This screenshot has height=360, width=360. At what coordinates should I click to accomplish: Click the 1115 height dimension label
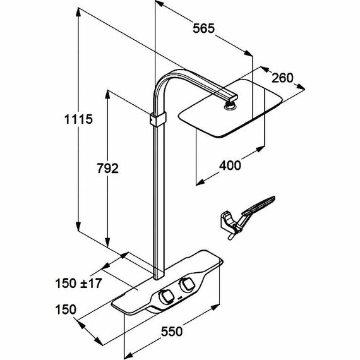click(78, 119)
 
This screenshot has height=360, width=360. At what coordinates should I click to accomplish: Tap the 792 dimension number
click(107, 168)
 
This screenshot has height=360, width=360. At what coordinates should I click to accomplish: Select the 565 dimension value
click(203, 28)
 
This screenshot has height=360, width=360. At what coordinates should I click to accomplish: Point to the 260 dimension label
click(282, 78)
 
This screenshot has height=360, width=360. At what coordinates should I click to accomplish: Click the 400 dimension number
click(230, 165)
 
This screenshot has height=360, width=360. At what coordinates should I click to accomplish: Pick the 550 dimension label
click(172, 332)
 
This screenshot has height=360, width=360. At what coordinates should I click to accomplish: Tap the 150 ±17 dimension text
click(78, 284)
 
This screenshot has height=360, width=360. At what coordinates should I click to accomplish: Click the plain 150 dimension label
click(66, 309)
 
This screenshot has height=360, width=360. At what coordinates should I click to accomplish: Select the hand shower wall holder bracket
click(227, 221)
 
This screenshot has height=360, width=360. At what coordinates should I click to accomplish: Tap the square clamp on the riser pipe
click(158, 119)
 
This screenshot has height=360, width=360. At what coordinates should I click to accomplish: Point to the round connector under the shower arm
click(230, 106)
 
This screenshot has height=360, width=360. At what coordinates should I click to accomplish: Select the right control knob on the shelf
click(187, 284)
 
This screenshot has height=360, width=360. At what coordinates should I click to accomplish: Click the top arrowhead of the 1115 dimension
click(78, 12)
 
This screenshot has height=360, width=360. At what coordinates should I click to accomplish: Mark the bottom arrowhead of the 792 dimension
click(107, 243)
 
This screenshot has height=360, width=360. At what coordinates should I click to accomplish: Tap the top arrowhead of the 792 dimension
click(107, 94)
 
